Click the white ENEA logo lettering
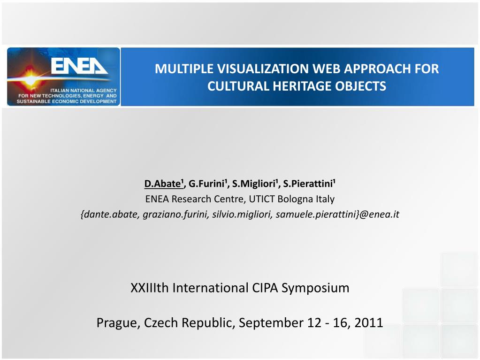click(79, 66)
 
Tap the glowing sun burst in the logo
click(30, 79)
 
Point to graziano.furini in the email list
click(175, 214)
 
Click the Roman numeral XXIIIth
click(150, 288)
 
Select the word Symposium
click(315, 288)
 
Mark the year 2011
click(369, 322)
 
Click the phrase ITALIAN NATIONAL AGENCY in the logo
click(84, 91)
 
